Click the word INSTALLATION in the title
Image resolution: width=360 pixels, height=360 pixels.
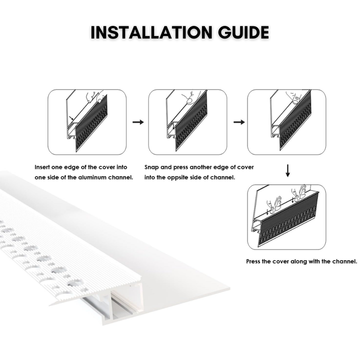click(x=151, y=32)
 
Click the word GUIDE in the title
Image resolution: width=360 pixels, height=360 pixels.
click(x=243, y=32)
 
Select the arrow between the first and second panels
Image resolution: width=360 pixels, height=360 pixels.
click(x=138, y=122)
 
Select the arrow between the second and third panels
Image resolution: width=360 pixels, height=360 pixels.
click(x=239, y=122)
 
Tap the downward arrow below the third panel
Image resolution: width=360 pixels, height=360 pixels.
click(x=287, y=170)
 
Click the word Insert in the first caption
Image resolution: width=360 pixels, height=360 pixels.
click(x=42, y=167)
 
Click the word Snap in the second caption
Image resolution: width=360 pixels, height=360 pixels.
click(x=151, y=167)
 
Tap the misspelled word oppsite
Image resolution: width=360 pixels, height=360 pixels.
click(x=176, y=177)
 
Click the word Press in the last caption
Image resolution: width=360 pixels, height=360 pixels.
click(x=253, y=261)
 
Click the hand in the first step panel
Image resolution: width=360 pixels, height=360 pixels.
click(x=94, y=97)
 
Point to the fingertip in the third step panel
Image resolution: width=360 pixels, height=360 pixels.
click(x=295, y=99)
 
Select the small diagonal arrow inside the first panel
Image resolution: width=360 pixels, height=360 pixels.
click(x=71, y=117)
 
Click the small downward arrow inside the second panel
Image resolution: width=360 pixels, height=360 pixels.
click(x=173, y=126)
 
